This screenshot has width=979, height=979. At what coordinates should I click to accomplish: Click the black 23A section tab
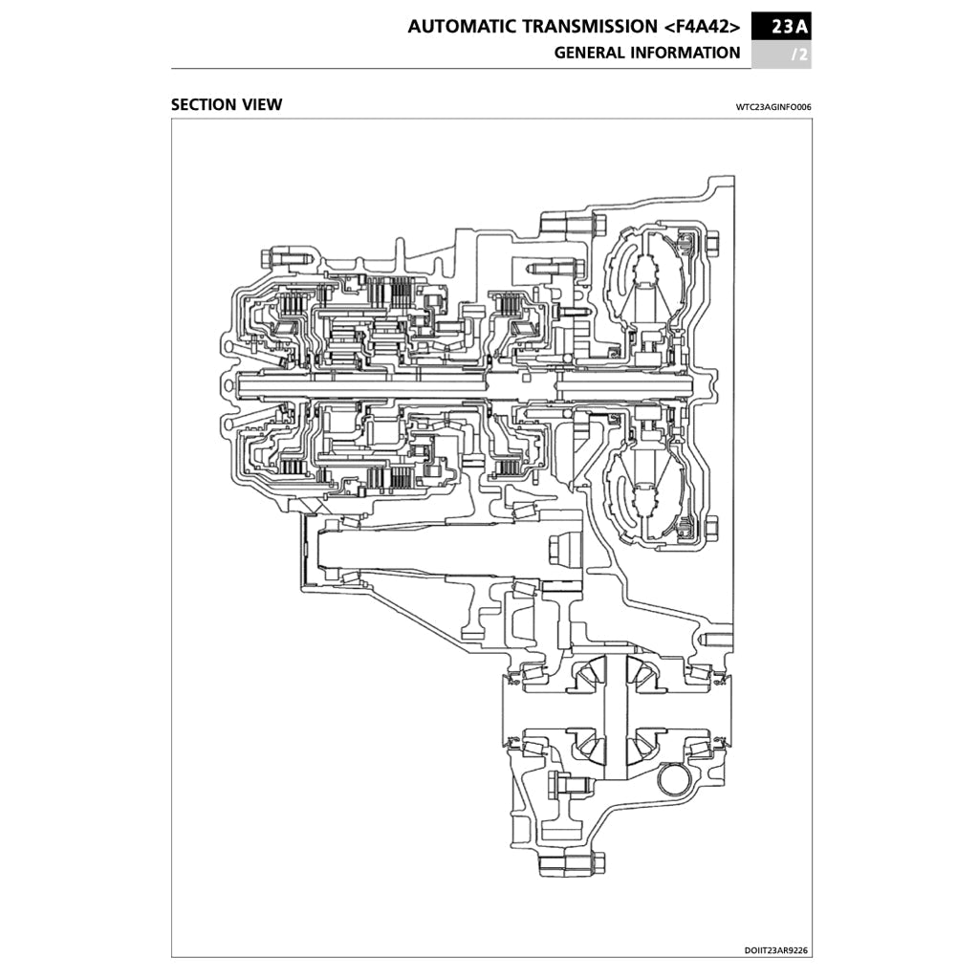[x=782, y=27]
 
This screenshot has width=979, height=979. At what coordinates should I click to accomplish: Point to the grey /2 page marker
[x=799, y=54]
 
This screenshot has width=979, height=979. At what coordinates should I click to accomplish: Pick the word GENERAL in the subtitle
[x=589, y=54]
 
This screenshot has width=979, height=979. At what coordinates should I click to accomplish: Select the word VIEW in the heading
[x=263, y=104]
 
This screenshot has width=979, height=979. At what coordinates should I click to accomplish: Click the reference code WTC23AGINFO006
[x=773, y=106]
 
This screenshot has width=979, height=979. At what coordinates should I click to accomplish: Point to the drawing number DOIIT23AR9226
[x=776, y=950]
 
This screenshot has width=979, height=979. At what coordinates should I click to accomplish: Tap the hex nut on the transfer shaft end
[x=560, y=552]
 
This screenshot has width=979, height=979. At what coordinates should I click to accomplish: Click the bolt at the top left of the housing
[x=283, y=257]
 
